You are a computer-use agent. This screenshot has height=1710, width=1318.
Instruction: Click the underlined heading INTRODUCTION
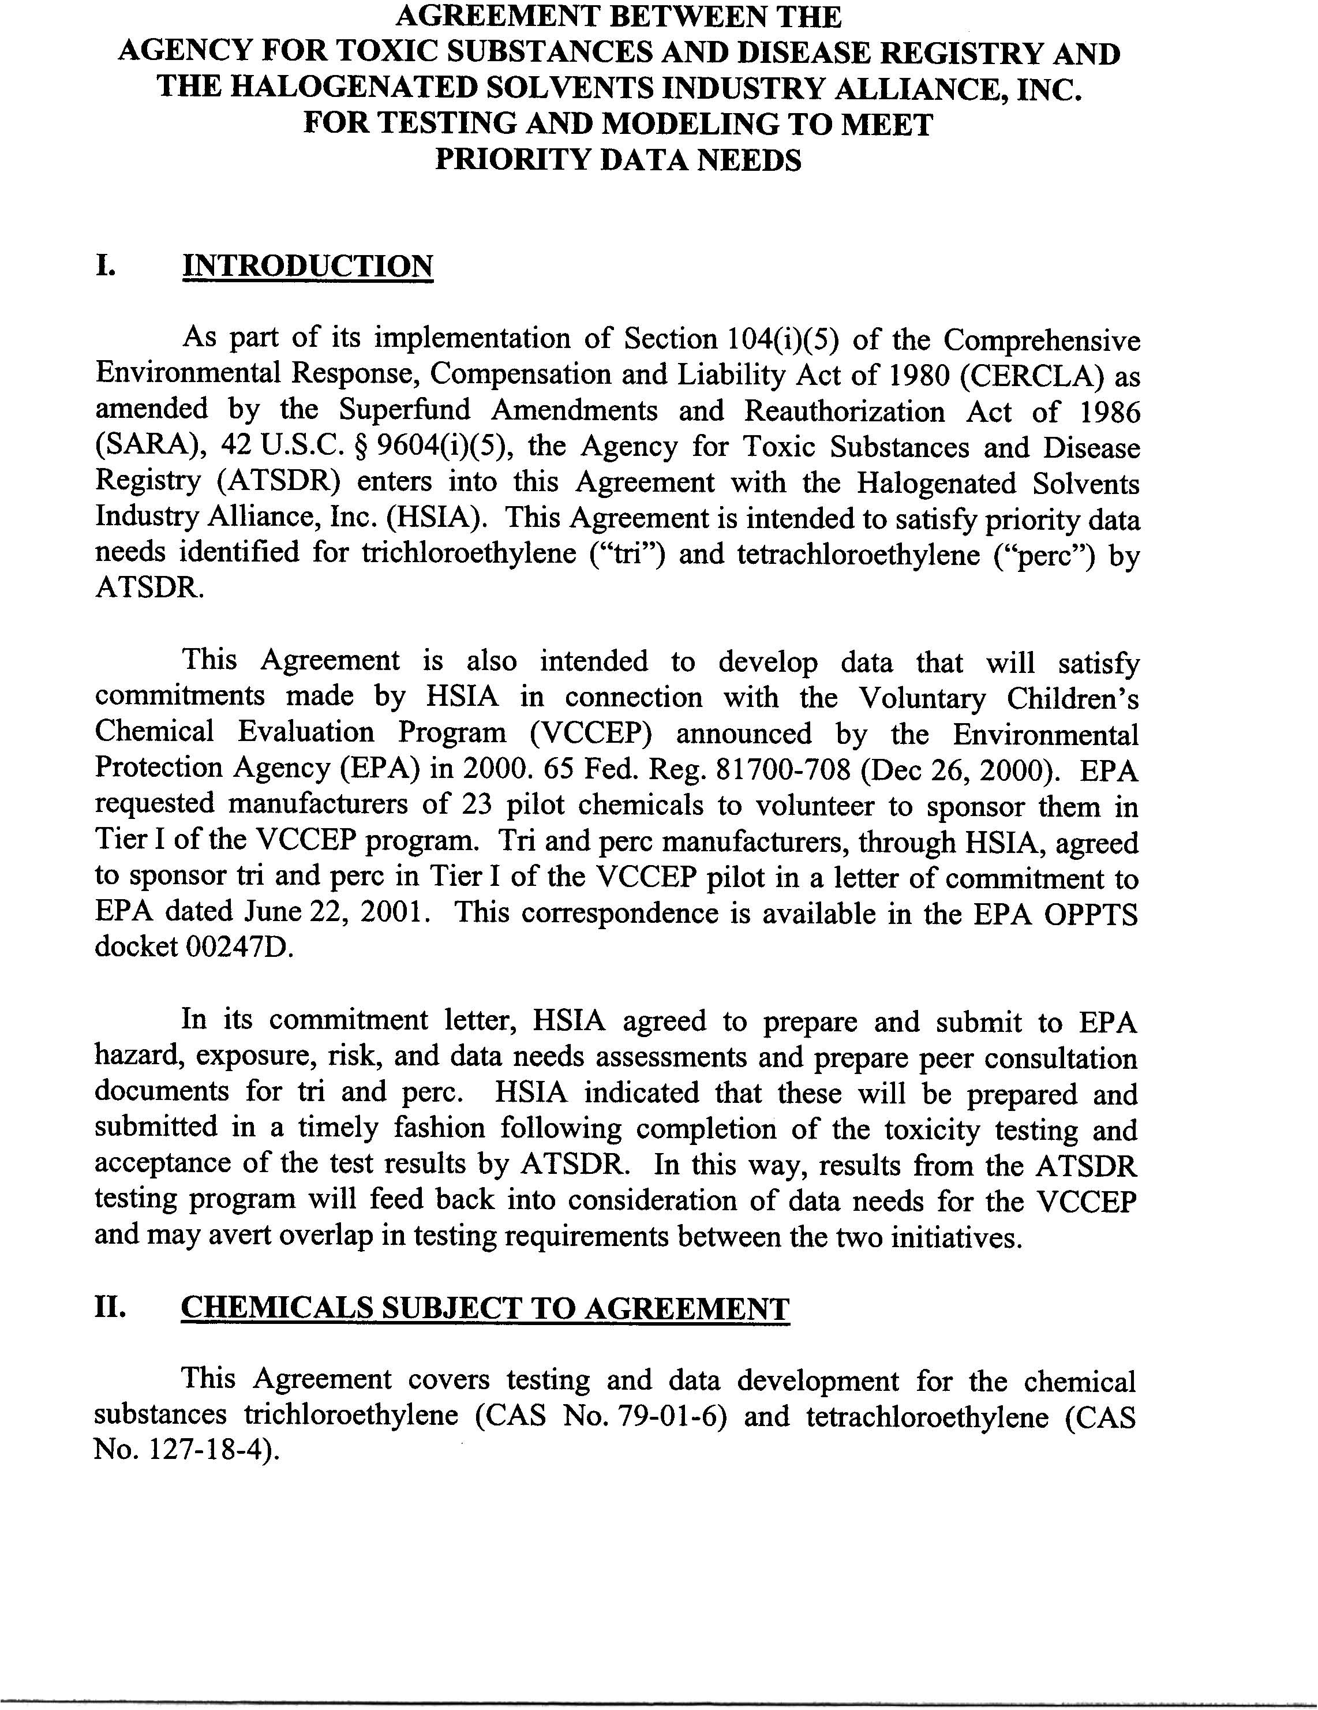tap(307, 266)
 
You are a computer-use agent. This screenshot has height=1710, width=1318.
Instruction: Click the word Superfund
tap(405, 412)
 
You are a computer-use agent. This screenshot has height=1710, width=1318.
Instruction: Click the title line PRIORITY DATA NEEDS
tap(618, 160)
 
